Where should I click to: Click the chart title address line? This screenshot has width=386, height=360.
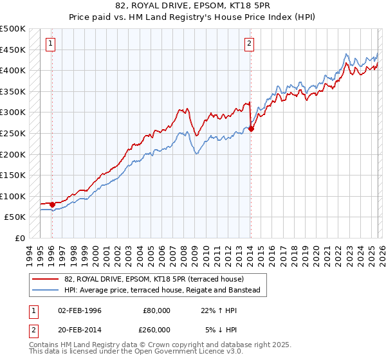coord(192,6)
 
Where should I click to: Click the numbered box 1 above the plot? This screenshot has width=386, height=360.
coord(51,44)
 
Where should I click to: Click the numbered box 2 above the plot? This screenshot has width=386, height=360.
coord(249,44)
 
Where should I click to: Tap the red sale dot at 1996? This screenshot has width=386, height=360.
coord(52,204)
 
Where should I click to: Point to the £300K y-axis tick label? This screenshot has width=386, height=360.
coord(13,113)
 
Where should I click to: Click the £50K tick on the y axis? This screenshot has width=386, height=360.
coord(15,217)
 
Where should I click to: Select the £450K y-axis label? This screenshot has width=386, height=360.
coord(13,50)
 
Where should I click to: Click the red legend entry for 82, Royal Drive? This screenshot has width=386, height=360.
coord(153,279)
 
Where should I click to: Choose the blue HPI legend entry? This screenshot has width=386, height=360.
coord(161,291)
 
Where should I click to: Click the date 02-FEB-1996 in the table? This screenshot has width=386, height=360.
coord(80,310)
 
